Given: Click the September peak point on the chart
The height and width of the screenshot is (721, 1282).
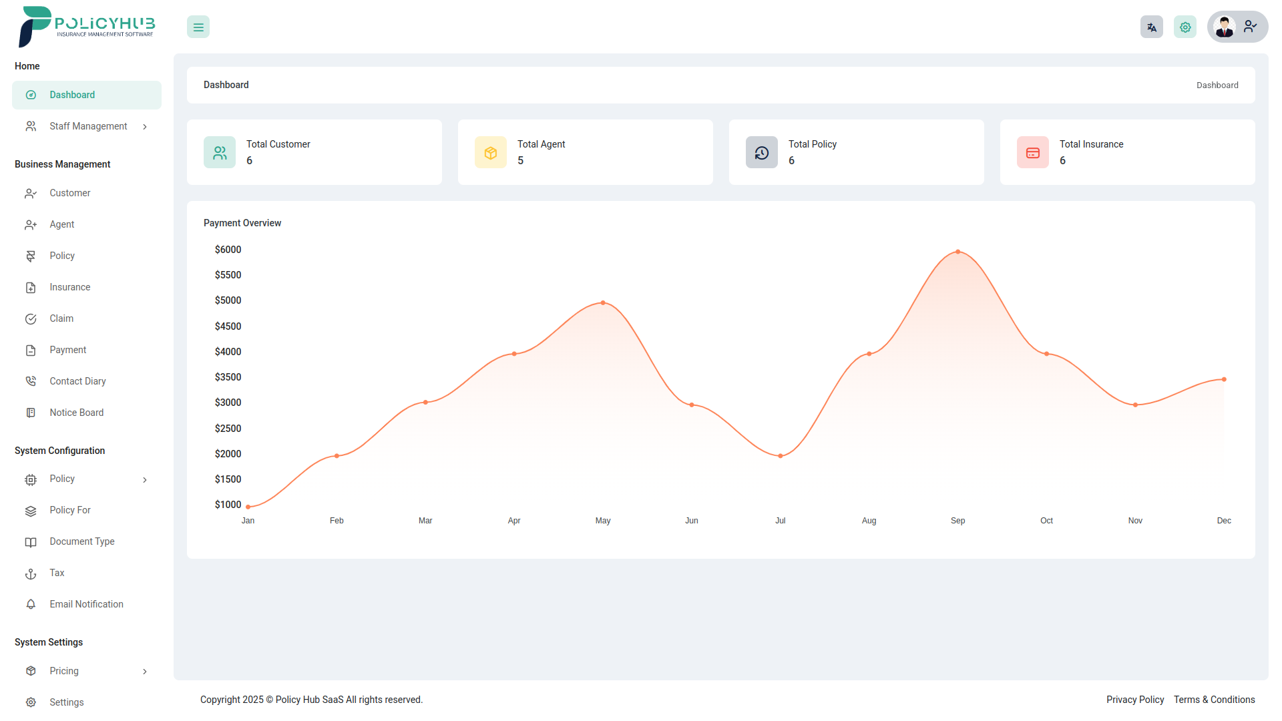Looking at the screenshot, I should (957, 252).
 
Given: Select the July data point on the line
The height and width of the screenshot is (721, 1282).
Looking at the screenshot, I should (780, 456).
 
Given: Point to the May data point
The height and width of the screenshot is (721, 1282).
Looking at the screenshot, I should (603, 303).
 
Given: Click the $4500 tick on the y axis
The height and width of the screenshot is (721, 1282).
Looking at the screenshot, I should (228, 326).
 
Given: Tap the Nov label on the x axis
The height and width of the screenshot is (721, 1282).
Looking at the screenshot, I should (1135, 521).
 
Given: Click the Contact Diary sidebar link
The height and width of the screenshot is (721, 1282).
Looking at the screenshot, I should (77, 381).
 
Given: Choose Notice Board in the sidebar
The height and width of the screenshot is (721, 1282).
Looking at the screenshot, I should (76, 413).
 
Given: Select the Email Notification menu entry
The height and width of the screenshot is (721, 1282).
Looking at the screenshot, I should (86, 604).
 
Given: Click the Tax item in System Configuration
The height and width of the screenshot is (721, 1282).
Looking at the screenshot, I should (57, 573).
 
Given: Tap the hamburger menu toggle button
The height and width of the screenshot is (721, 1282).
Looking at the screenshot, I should (198, 27).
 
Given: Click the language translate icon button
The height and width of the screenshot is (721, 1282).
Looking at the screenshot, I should (1151, 27).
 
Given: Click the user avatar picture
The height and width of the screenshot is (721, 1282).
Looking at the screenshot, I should (1225, 27).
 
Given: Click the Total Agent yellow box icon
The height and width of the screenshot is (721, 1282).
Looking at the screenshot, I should (491, 153).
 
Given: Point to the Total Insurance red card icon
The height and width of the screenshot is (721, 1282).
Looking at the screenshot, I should (1033, 153).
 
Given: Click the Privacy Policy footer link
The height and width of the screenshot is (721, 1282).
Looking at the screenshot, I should (1134, 700).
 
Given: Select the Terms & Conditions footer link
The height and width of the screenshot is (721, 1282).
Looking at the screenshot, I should (1214, 700).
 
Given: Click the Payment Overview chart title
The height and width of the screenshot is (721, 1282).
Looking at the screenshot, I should (242, 223).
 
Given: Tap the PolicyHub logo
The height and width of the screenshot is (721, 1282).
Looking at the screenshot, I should (87, 27).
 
